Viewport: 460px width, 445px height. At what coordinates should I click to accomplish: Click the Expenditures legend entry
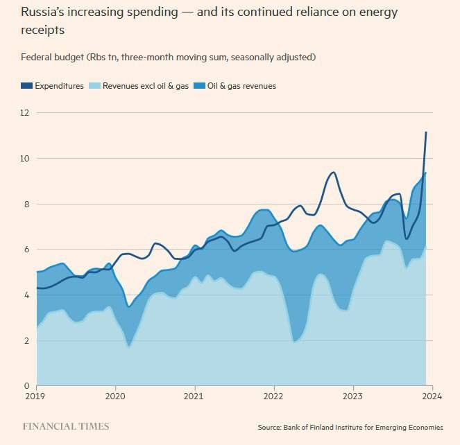[x=60, y=86]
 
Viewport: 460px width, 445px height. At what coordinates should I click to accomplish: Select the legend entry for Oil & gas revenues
[x=242, y=86]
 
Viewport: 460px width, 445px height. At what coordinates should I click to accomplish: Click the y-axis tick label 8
[x=26, y=204]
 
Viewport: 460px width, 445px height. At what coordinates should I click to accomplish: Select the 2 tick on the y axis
[x=26, y=340]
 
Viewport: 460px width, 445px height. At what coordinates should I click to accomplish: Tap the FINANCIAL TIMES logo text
[x=65, y=426]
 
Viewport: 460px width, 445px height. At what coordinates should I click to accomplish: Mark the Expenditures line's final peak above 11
[x=426, y=132]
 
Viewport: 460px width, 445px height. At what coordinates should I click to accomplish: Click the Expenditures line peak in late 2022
[x=334, y=172]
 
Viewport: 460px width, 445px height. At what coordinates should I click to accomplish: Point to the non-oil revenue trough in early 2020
[x=129, y=347]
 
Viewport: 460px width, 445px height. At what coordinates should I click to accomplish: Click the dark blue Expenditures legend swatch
[x=26, y=86]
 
